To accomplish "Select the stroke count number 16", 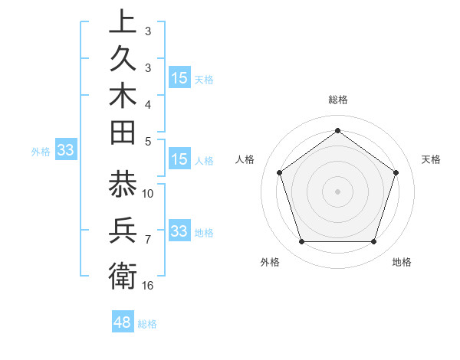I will click(148, 285).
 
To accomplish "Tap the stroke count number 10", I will click(148, 193).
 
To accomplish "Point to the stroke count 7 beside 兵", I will click(148, 240).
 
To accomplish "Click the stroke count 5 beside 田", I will click(148, 140).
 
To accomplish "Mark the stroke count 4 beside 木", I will click(148, 103).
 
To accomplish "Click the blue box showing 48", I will click(122, 322).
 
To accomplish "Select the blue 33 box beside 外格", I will click(65, 151).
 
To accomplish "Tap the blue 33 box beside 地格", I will click(179, 231).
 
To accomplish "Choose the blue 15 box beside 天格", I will click(179, 78).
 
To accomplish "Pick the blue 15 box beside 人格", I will click(179, 159).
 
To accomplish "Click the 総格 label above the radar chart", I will click(338, 100).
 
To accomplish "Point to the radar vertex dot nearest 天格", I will click(396, 172).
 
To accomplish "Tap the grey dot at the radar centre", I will click(337, 191).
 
